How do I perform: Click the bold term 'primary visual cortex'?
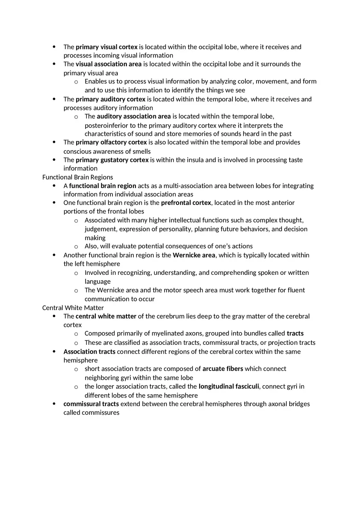pos(106,47)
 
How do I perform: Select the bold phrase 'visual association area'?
pos(108,64)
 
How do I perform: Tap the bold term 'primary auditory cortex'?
pos(110,99)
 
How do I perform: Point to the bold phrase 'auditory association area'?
pos(134,117)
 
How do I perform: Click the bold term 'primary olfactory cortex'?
pos(111,142)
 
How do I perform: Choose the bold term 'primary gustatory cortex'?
pos(112,160)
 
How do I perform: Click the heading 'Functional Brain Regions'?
pos(78,177)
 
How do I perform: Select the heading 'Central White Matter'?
pos(73,308)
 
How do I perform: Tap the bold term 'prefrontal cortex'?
pos(186,203)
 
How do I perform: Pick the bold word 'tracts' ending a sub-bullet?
pos(295,333)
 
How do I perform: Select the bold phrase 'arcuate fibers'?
pos(223,369)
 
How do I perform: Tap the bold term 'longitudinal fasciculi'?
pos(229,386)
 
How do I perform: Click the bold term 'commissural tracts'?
pos(91,404)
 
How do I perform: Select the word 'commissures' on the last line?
pos(100,413)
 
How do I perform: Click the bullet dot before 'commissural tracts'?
pos(54,404)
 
